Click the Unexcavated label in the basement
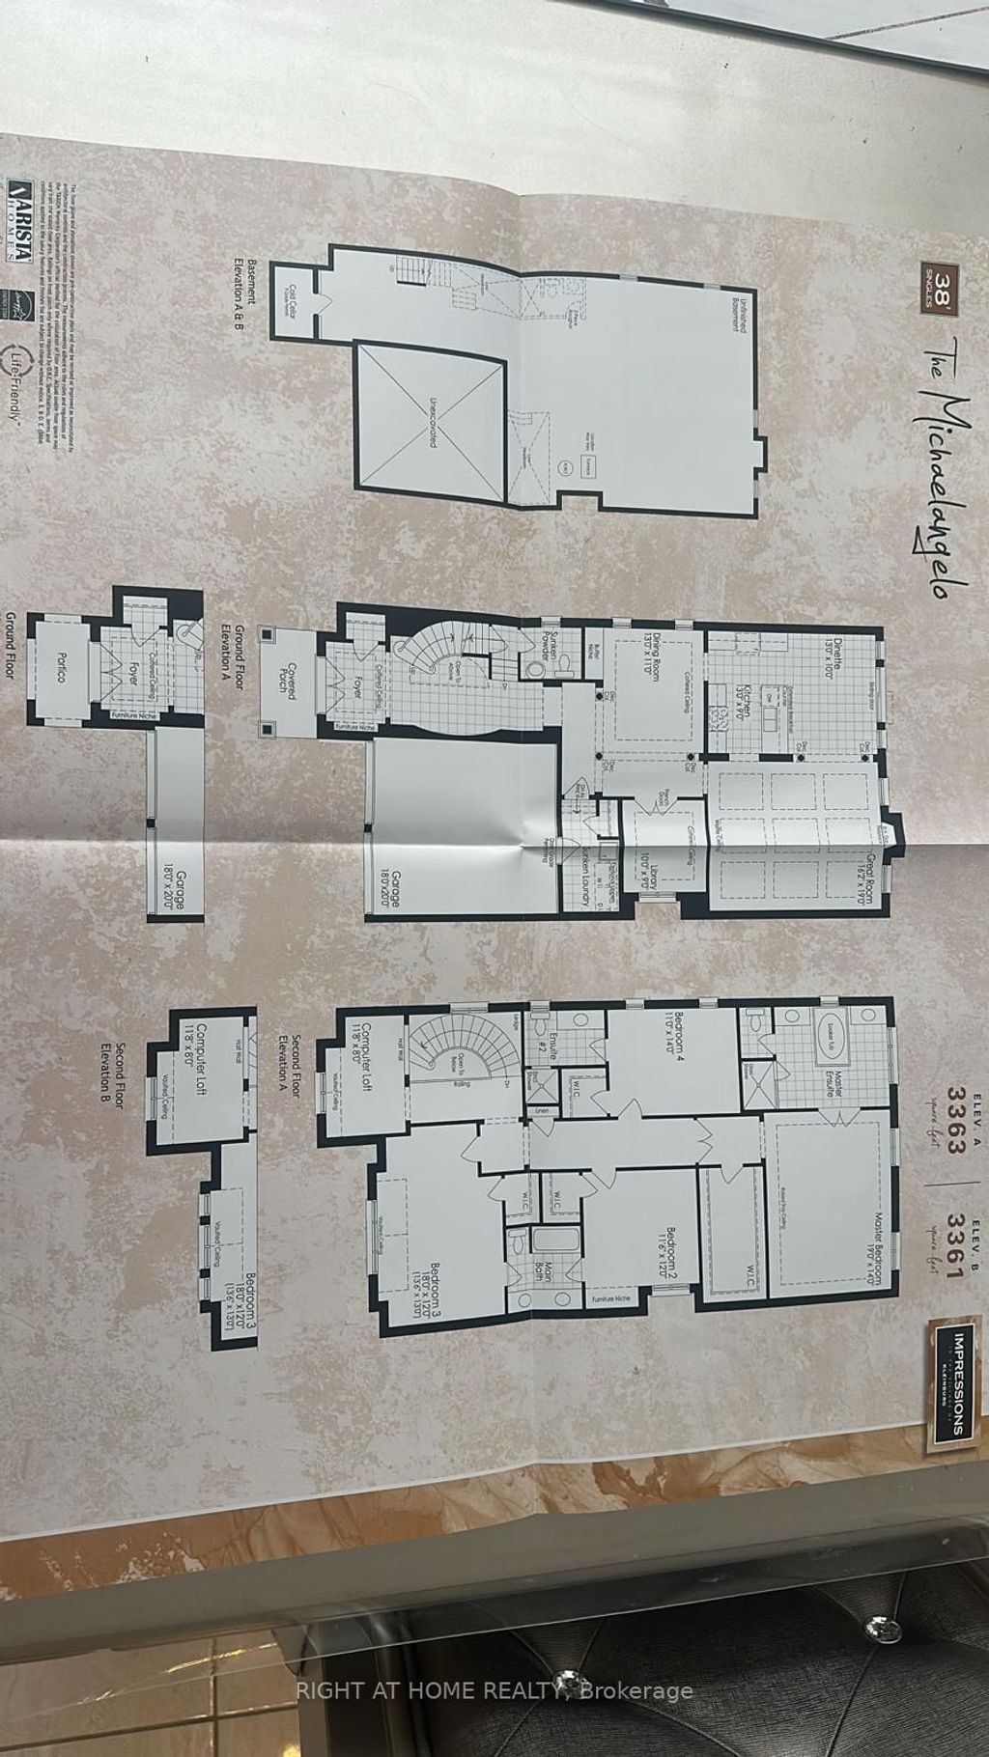(x=429, y=420)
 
